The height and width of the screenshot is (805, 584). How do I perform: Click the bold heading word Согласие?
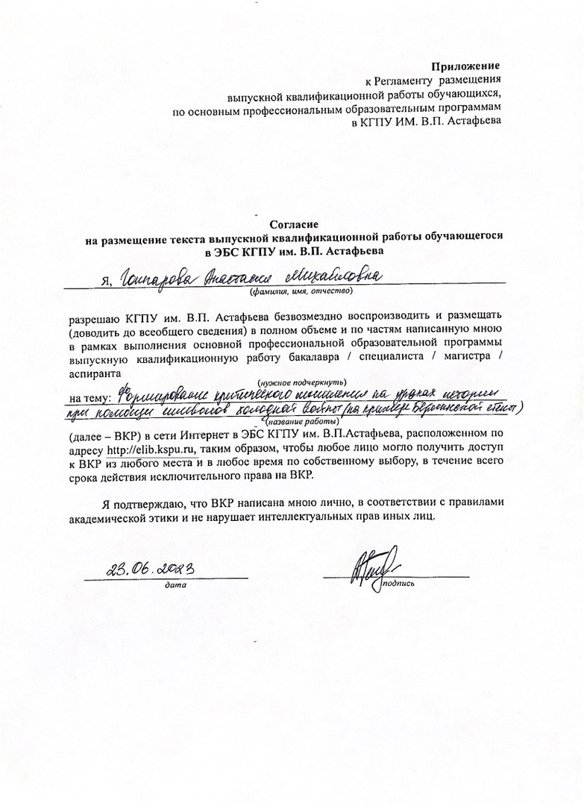coord(294,223)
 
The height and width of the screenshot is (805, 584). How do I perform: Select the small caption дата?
coord(176,585)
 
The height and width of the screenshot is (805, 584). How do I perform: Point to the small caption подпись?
coord(401,584)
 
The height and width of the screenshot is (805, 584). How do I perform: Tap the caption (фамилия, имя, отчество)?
coord(295,291)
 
